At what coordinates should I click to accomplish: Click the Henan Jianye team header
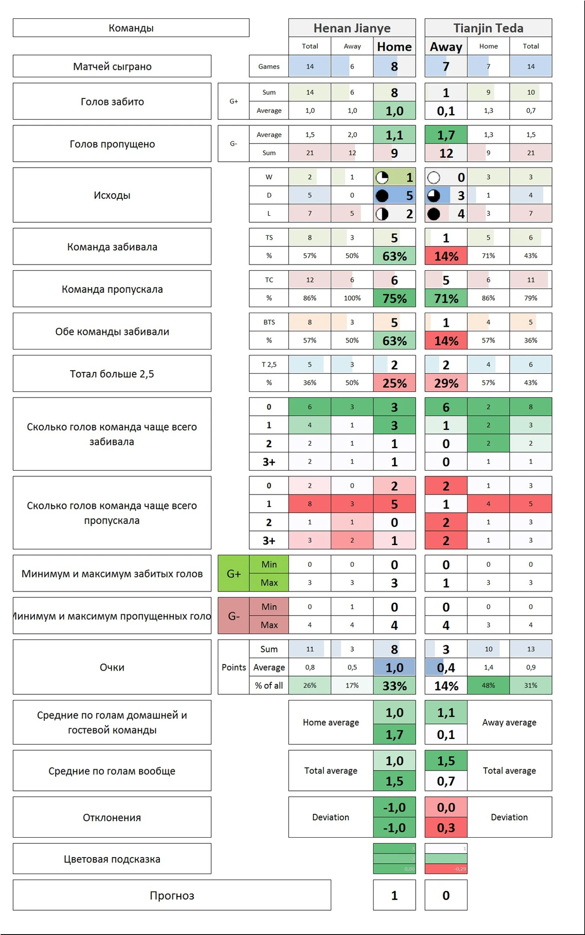[x=351, y=28]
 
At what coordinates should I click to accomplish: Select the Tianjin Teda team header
[x=488, y=28]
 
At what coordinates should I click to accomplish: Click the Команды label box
[x=131, y=28]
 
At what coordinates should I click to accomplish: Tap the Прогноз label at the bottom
[x=171, y=895]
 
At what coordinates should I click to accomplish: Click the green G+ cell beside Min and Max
[x=233, y=573]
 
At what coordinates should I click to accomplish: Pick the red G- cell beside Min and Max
[x=233, y=616]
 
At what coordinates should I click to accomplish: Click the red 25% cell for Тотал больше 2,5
[x=394, y=383]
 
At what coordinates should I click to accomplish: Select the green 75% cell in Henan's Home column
[x=394, y=298]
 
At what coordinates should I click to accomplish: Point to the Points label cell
[x=233, y=667]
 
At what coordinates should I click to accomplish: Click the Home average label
[x=331, y=722]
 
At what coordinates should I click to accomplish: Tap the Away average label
[x=509, y=722]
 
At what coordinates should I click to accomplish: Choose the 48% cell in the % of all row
[x=488, y=685]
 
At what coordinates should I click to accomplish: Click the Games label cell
[x=268, y=66]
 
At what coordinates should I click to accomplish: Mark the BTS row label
[x=268, y=322]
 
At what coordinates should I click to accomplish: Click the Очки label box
[x=112, y=667]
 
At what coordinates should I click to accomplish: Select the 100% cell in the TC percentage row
[x=352, y=298]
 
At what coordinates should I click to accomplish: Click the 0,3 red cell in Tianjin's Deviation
[x=446, y=828]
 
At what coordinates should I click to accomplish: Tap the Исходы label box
[x=112, y=195]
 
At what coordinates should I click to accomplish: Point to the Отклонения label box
[x=112, y=817]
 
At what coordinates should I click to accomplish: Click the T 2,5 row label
[x=268, y=364]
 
